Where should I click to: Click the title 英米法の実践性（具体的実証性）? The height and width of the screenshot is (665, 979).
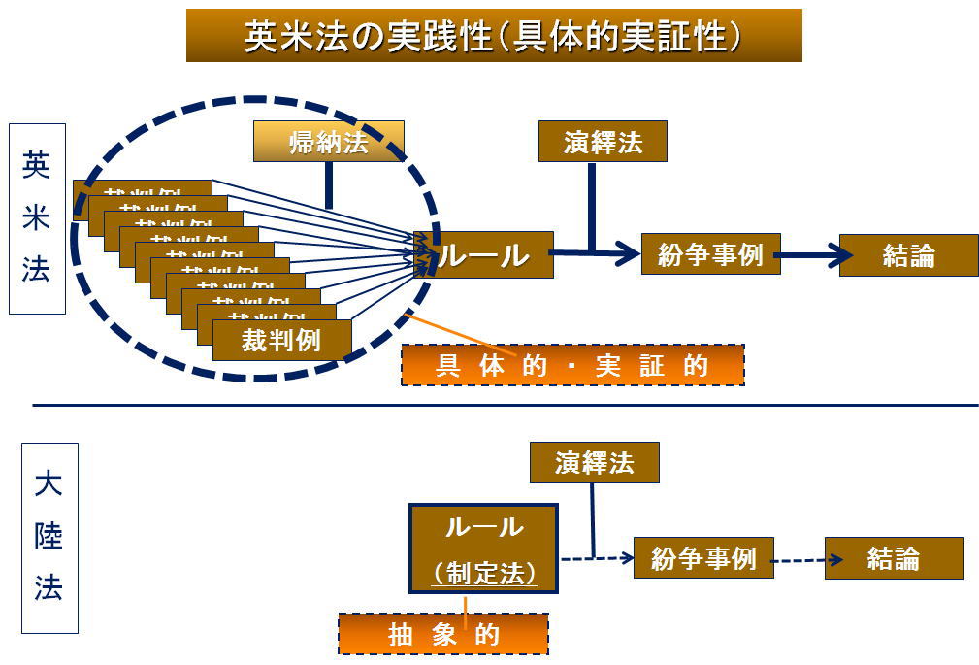tap(494, 36)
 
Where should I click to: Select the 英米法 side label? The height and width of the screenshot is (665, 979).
tap(37, 218)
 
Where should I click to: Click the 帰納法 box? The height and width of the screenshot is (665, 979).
tap(329, 143)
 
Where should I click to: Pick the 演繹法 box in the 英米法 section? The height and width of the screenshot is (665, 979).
tap(604, 143)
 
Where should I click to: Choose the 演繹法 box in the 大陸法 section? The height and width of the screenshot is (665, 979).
tap(594, 462)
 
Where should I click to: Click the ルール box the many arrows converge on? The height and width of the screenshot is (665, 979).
tap(484, 254)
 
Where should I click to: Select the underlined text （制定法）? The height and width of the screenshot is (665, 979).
tap(484, 574)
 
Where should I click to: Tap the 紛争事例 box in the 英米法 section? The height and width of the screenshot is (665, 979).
tap(710, 254)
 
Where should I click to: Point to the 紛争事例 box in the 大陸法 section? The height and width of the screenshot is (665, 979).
tap(703, 558)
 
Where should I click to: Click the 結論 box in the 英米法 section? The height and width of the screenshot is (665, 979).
tap(908, 255)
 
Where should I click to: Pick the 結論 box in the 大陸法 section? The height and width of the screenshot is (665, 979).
tap(894, 558)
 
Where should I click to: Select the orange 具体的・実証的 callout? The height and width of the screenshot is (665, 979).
tap(572, 365)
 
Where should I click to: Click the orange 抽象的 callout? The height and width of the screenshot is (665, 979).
tap(443, 634)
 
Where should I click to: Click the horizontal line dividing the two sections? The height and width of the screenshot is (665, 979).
tap(505, 405)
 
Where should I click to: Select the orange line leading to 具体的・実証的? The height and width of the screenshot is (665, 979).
tap(456, 333)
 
